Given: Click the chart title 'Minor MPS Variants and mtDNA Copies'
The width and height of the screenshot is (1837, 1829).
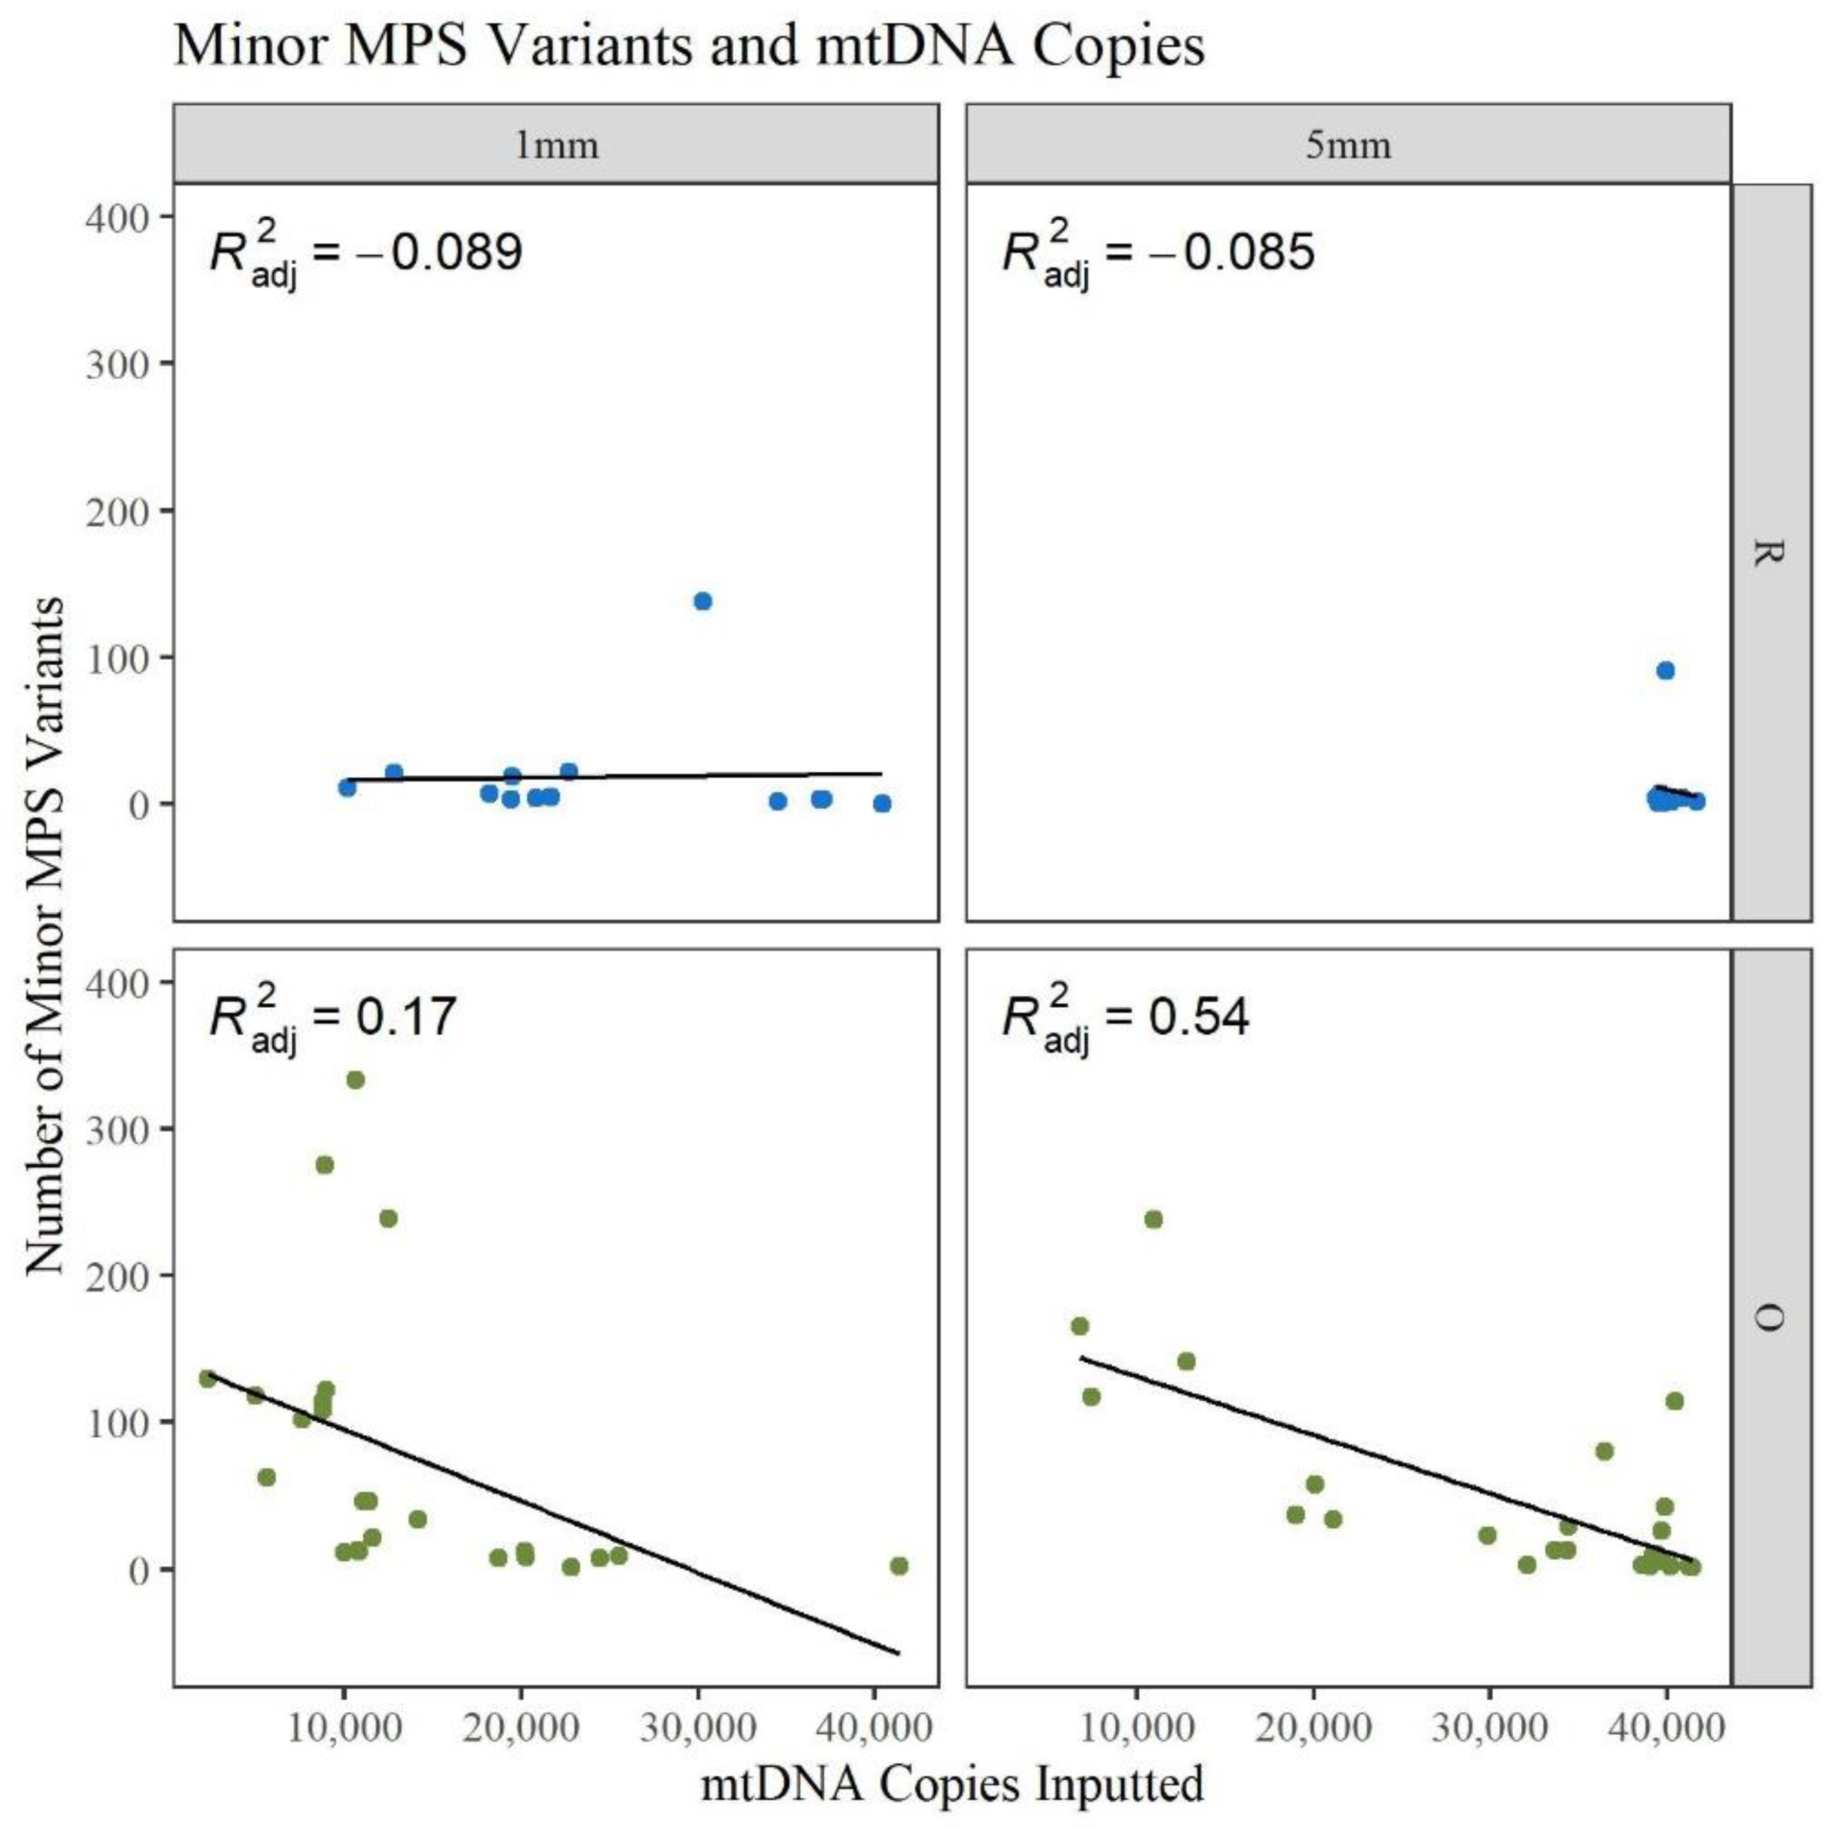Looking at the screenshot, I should [689, 45].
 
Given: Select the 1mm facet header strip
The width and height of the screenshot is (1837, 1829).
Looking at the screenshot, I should [556, 145].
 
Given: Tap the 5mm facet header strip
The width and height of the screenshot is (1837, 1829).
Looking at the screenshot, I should [1347, 145].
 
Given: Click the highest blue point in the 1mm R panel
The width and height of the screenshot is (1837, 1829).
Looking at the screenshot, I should [702, 601].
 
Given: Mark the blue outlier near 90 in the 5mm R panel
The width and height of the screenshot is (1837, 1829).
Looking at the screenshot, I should [1665, 671].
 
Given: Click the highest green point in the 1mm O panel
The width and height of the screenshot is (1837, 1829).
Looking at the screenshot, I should [356, 1079].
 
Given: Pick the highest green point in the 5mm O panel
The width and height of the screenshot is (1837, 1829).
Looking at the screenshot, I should [1153, 1219].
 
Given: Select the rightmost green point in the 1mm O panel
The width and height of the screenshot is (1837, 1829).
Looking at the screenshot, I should [898, 1567].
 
